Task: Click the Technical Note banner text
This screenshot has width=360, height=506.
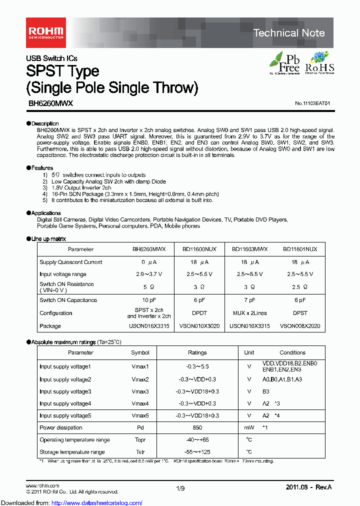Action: (x=289, y=33)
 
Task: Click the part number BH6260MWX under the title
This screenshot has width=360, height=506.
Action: (x=50, y=103)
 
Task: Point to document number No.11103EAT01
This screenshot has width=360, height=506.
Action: (x=312, y=103)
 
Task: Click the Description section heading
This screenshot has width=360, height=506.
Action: (x=44, y=123)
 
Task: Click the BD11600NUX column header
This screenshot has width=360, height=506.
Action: (x=199, y=249)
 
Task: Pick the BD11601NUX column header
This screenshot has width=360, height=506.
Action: (x=300, y=249)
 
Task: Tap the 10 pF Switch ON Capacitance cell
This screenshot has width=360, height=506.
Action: (x=149, y=300)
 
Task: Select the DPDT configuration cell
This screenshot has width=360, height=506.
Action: (x=199, y=313)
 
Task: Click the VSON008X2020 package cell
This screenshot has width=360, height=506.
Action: (x=300, y=326)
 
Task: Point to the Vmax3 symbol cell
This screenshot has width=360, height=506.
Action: (x=140, y=391)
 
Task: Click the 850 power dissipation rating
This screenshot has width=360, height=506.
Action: (x=197, y=427)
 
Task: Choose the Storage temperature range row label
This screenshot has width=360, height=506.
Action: (x=72, y=452)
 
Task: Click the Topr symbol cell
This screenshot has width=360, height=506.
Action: (x=140, y=440)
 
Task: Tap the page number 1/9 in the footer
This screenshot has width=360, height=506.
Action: (x=180, y=487)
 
